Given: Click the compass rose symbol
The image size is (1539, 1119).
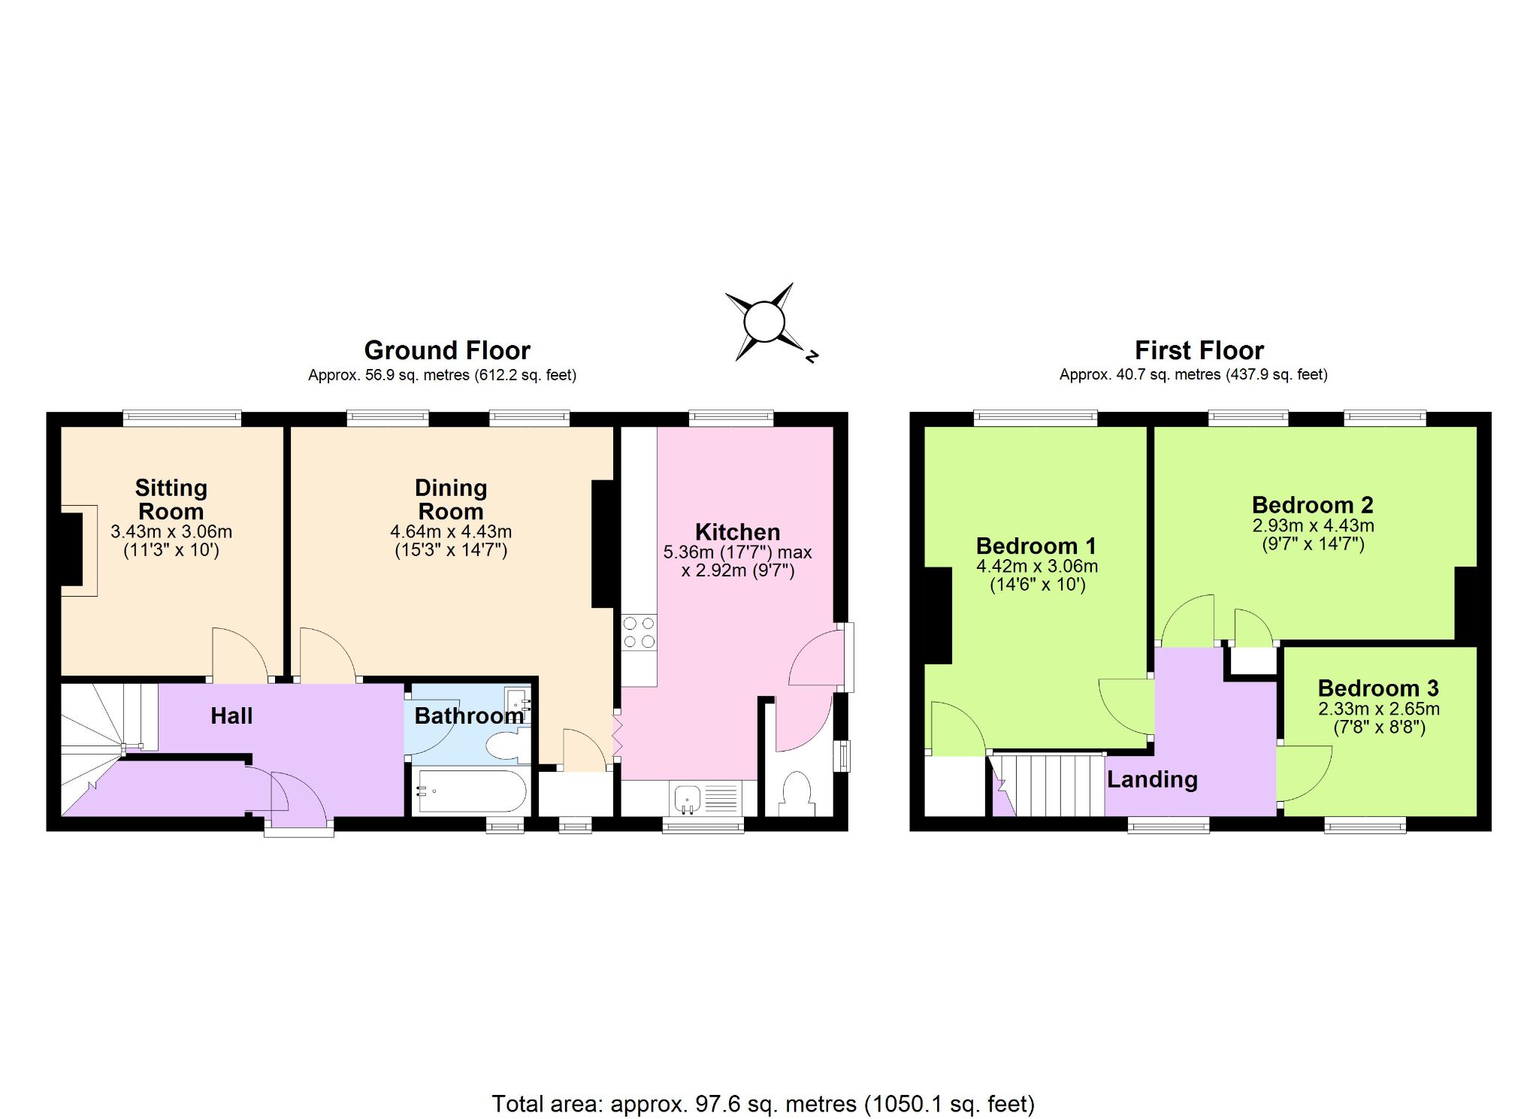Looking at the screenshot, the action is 764,322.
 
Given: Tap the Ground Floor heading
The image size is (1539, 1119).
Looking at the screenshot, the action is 447,350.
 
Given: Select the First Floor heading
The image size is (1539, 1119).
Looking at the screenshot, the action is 1199,350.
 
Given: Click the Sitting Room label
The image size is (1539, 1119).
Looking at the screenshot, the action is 171,500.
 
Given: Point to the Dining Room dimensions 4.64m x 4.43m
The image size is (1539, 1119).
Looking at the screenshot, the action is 451,531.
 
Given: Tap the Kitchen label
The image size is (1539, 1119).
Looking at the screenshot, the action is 737,531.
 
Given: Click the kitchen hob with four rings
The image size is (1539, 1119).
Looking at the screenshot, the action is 639,633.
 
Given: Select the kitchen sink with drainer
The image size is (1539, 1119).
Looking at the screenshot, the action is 705,798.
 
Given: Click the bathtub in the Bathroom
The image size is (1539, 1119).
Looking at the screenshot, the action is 471,791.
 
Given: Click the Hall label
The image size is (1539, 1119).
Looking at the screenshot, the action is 231,715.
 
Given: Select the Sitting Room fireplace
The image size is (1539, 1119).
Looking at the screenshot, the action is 75,550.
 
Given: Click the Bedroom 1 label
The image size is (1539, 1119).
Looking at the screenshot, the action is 1036,546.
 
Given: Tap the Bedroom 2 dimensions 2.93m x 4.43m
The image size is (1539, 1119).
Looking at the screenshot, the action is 1313,525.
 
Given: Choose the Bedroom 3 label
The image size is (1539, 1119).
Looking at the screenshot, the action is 1378,688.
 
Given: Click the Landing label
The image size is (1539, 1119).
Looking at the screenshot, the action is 1152,779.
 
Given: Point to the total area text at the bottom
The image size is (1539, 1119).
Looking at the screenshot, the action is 763,1103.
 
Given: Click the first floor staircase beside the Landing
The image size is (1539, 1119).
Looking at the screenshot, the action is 1048,785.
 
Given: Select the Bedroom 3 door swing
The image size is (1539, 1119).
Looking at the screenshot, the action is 1305,773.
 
